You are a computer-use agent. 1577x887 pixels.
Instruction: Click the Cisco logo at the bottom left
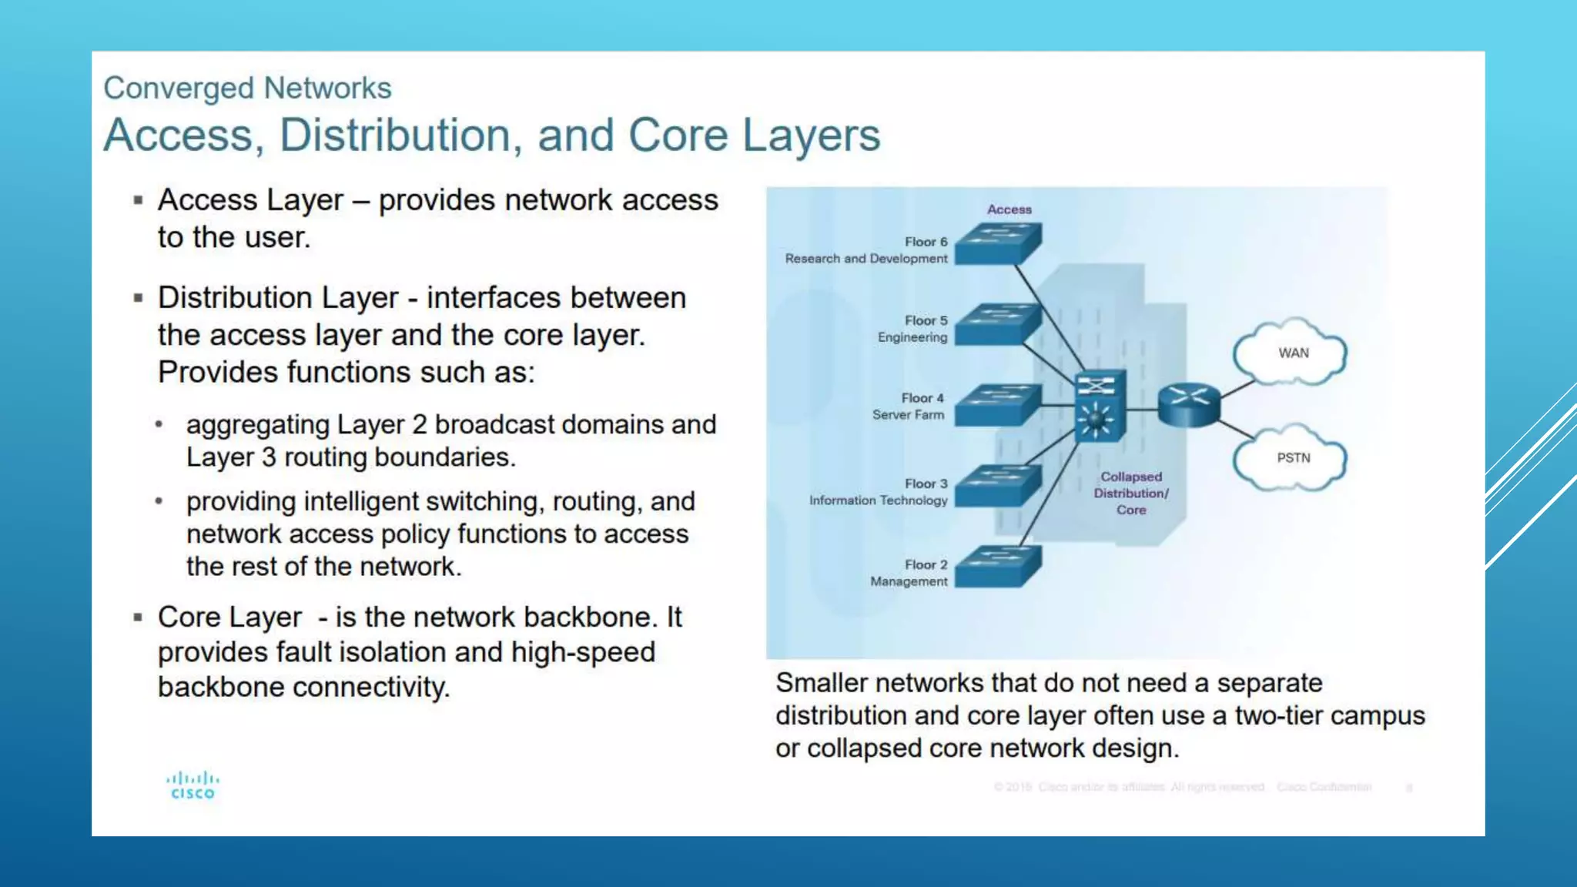pyautogui.click(x=193, y=785)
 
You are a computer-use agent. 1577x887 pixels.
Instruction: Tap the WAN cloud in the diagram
pyautogui.click(x=1291, y=353)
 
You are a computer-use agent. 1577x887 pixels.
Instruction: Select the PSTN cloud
pyautogui.click(x=1291, y=458)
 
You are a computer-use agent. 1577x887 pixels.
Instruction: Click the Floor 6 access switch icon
pyautogui.click(x=998, y=244)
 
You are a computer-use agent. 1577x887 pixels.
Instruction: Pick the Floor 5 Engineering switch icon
pyautogui.click(x=998, y=324)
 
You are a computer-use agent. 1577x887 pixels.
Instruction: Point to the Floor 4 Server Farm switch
pyautogui.click(x=998, y=404)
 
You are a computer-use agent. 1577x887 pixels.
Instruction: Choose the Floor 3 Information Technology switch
pyautogui.click(x=998, y=485)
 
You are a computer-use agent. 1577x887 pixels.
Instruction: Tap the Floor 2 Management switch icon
pyautogui.click(x=998, y=567)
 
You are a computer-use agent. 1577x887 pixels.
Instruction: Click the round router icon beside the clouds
pyautogui.click(x=1189, y=405)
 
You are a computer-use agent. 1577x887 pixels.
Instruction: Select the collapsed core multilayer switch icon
pyautogui.click(x=1099, y=405)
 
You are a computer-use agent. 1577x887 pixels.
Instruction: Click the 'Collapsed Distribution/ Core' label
pyautogui.click(x=1131, y=494)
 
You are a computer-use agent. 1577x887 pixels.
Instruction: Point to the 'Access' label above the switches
pyautogui.click(x=1009, y=209)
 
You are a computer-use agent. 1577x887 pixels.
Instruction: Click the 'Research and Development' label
pyautogui.click(x=866, y=259)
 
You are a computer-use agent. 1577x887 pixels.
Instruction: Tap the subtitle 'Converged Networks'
pyautogui.click(x=247, y=89)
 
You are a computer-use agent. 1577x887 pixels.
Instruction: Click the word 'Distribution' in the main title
pyautogui.click(x=394, y=136)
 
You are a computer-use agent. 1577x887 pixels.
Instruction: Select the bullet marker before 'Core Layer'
pyautogui.click(x=139, y=618)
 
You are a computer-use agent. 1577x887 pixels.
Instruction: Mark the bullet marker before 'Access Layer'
pyautogui.click(x=139, y=200)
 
